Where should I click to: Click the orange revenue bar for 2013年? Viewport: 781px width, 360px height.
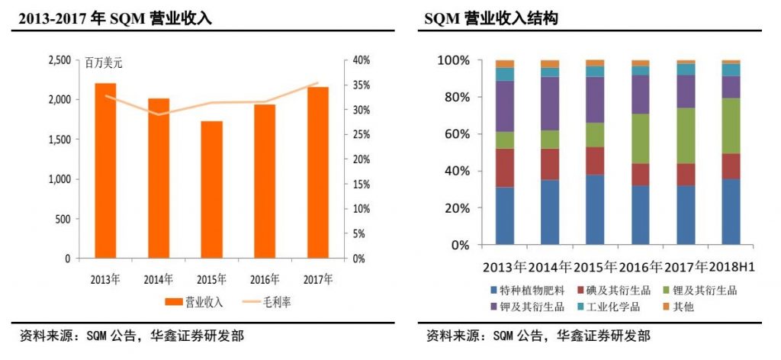[105, 171]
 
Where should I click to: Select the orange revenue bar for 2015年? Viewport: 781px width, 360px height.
[212, 190]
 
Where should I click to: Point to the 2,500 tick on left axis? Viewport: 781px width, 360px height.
[59, 60]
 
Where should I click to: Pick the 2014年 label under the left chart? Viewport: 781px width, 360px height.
[159, 279]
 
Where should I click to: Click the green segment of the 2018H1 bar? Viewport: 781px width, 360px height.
[731, 126]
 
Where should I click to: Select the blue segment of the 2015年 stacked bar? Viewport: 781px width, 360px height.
[594, 210]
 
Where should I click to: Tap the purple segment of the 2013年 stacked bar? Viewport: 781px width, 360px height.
[505, 106]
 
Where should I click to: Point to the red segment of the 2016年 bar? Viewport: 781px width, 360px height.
[640, 175]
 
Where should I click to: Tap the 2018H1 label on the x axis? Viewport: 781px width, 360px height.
[730, 268]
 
